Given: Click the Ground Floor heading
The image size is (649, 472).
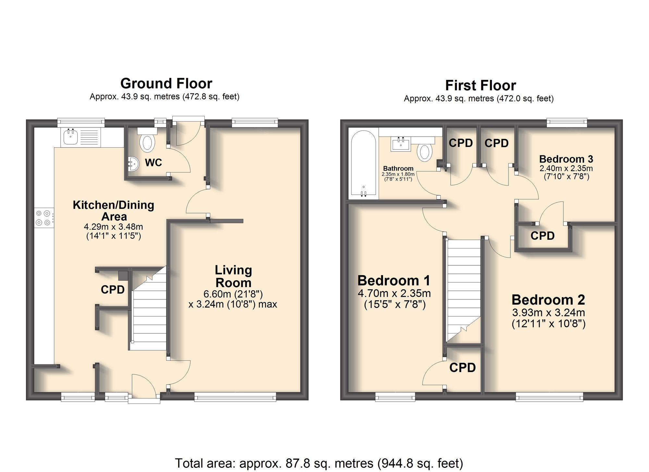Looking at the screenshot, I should coord(166,84).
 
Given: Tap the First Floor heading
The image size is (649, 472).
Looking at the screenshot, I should coord(480,86).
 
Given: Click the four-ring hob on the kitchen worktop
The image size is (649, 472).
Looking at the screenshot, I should coord(43,218).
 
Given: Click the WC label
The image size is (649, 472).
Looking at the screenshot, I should coord(153,163).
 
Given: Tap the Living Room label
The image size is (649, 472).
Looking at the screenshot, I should coord(233,276).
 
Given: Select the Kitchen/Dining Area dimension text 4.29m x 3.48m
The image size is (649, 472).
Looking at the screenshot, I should coord(113,227).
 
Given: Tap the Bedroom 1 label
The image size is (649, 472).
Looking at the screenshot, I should coord(394,281).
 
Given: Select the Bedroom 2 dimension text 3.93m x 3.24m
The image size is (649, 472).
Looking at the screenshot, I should coord(548,313).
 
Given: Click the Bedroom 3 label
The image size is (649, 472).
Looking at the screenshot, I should coord(566,159).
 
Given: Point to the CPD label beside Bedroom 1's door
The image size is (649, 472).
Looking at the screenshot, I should coord(462,368).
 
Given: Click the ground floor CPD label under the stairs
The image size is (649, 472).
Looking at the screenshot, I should coord(113,290).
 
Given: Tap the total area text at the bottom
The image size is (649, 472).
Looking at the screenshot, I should coord(319,463).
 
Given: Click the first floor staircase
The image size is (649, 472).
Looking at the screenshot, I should coord(463,289).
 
